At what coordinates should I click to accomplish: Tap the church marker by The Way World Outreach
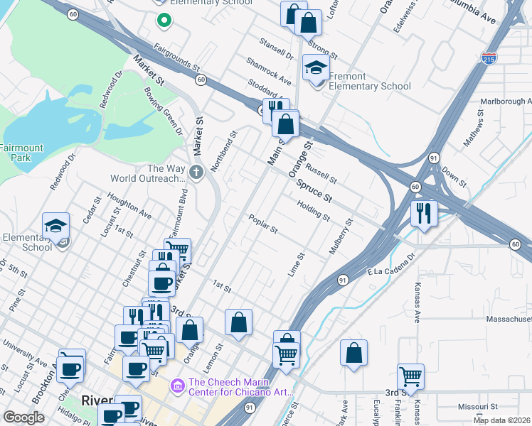coord(196,171)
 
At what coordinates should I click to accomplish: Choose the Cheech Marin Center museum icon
coord(175,386)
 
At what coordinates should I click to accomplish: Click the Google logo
coord(23,417)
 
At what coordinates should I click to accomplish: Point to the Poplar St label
coord(262,224)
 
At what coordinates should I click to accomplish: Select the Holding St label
coord(313,210)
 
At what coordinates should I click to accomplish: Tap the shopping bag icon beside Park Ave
coord(353,353)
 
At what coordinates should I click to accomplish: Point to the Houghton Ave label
coord(129,204)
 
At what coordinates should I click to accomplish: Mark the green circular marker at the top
coord(165,21)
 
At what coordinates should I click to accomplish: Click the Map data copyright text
coord(502,420)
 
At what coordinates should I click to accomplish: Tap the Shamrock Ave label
coord(269,71)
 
